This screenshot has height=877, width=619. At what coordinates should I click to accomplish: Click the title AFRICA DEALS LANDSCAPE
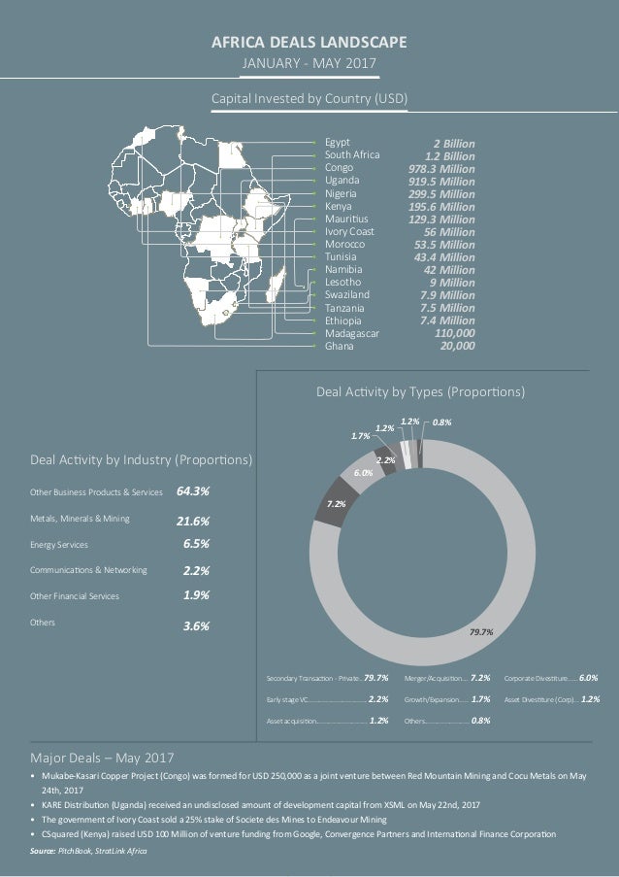click(x=309, y=42)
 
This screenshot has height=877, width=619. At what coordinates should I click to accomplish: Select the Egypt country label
click(x=338, y=143)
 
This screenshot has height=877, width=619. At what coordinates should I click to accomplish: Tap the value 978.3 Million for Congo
click(x=441, y=168)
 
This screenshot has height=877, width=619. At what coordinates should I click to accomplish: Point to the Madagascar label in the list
click(x=352, y=332)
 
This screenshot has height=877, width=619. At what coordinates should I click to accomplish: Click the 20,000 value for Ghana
click(x=457, y=345)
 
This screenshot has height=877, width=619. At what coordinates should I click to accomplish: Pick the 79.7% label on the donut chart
click(x=481, y=631)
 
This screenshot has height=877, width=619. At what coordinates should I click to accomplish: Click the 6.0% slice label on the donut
click(x=362, y=472)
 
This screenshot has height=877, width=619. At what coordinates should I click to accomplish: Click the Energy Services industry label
click(x=69, y=546)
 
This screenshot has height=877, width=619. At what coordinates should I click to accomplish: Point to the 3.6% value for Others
click(x=197, y=626)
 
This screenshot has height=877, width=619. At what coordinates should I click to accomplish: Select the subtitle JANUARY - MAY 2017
click(x=309, y=64)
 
